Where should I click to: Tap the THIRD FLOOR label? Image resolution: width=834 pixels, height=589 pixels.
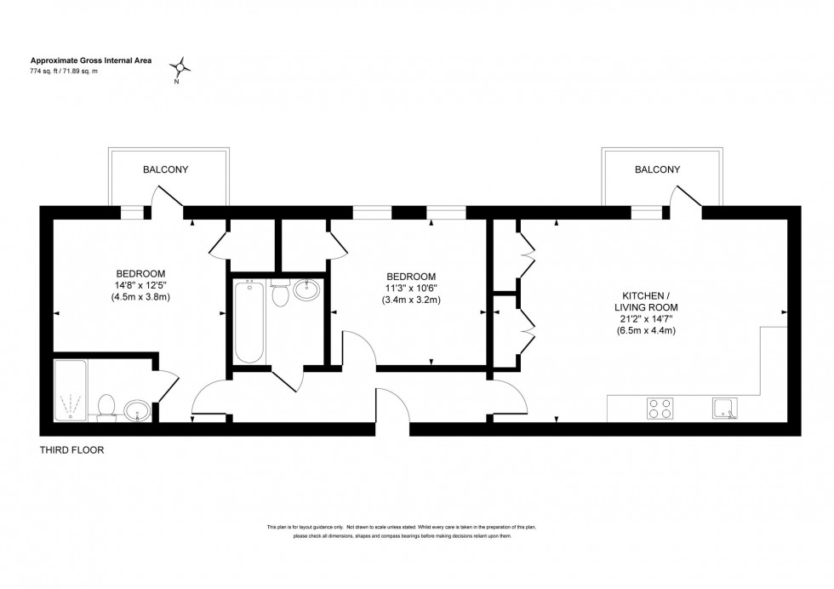(72, 450)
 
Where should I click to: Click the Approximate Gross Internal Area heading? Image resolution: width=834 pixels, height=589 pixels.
(79, 60)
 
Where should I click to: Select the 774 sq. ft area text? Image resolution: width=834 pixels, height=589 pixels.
(65, 71)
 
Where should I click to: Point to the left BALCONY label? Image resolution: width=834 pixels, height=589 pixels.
(165, 169)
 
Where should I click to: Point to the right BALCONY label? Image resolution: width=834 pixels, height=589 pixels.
(657, 169)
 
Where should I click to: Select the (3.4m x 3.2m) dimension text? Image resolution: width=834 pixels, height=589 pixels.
(411, 300)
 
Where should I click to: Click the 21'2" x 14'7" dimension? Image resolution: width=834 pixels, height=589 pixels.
(646, 318)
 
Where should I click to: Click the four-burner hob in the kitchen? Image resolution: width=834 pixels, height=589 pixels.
(660, 409)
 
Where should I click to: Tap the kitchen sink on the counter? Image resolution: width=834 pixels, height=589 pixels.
(725, 409)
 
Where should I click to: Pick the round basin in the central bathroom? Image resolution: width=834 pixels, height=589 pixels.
(306, 291)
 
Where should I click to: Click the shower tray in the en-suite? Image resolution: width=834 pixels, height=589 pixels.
(71, 391)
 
